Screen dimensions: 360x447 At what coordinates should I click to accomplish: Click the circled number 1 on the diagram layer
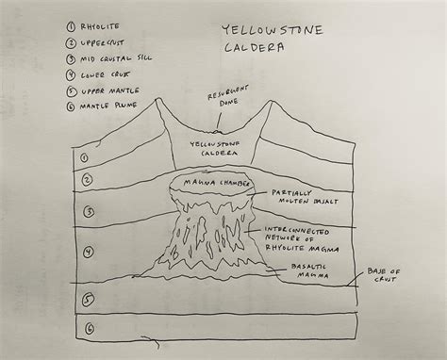point(85,158)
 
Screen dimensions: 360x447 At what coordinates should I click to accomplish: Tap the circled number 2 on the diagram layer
point(85,179)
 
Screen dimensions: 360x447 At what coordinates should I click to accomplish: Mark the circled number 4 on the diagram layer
point(86,252)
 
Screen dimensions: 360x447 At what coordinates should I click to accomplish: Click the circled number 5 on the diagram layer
point(86,301)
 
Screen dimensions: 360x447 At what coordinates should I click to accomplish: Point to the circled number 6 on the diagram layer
point(87,330)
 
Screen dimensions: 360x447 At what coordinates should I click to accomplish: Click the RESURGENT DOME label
point(227,100)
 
